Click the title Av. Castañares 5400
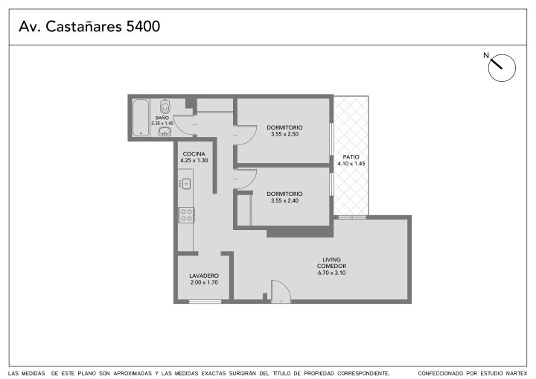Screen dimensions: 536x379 (89, 26)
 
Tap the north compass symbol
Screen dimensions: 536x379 (501, 67)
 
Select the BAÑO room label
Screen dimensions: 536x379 (162, 118)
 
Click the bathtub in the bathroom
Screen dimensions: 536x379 (141, 118)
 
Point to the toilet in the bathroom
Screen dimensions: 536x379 (165, 106)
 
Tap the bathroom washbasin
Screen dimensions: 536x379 (165, 131)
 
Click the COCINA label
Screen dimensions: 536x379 (194, 154)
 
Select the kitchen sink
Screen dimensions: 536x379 (185, 184)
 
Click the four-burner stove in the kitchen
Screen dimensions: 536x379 (187, 215)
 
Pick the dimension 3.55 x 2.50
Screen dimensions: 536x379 (284, 134)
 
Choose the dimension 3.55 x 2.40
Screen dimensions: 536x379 (284, 200)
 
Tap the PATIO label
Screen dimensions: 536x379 (351, 156)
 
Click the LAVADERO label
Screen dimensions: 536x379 (204, 276)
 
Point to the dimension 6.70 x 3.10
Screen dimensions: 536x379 (331, 273)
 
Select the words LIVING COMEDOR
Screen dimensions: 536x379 (331, 263)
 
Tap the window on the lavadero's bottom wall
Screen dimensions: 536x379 (205, 302)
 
